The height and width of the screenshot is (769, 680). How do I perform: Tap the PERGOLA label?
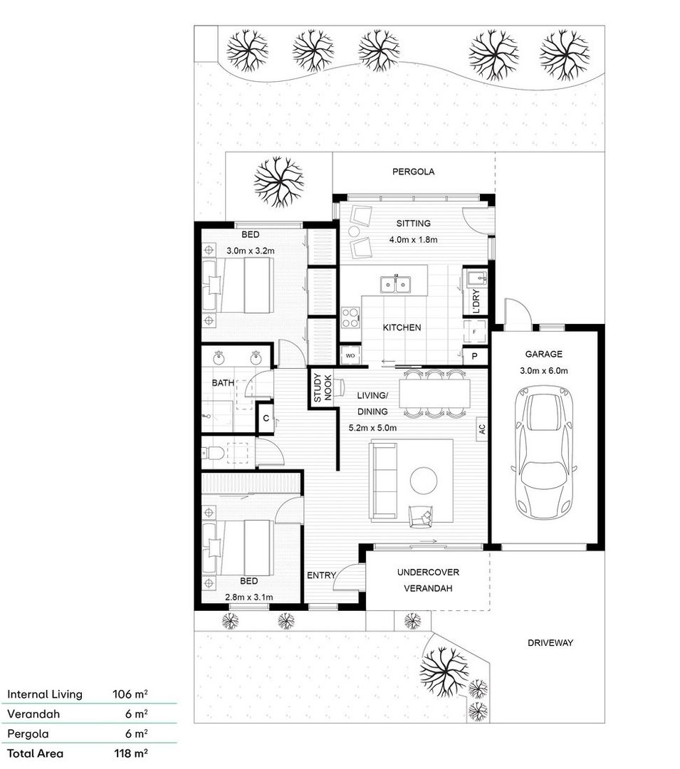[x=413, y=172]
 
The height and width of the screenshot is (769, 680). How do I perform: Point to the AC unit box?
[x=481, y=429]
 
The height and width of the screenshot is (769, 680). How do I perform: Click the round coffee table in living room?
[x=424, y=480]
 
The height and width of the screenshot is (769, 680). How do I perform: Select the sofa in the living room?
[x=384, y=480]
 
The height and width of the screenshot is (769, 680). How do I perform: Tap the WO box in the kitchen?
[x=350, y=355]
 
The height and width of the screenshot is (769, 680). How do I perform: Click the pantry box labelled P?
[x=475, y=356]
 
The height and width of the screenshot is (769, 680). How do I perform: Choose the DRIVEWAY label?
[x=550, y=642]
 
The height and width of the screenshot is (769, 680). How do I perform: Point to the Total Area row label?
[x=35, y=753]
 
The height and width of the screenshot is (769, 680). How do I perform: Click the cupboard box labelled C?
[x=265, y=418]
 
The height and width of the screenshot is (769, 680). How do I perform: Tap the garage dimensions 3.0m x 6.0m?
[x=543, y=370]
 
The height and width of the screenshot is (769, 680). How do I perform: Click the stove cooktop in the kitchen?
[x=350, y=317]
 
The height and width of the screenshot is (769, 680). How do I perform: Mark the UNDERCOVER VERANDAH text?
[x=427, y=580]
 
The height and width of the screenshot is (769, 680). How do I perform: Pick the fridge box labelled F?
[x=474, y=331]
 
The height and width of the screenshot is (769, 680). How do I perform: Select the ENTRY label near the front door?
[x=320, y=575]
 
